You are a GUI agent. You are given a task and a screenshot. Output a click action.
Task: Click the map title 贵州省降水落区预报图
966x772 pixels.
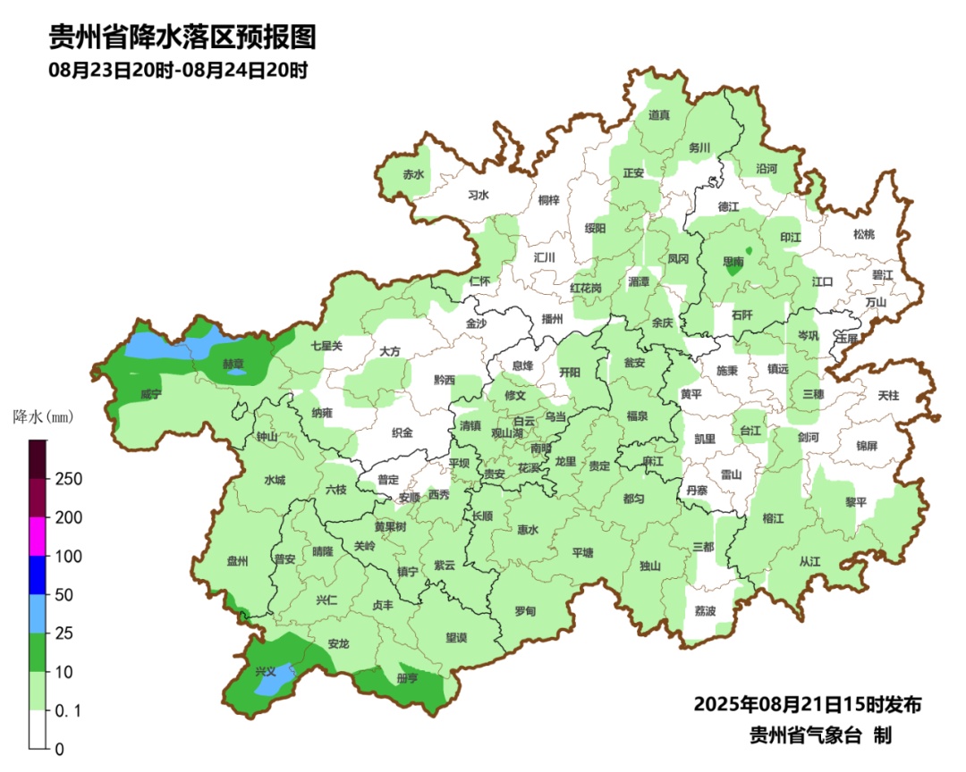click(182, 37)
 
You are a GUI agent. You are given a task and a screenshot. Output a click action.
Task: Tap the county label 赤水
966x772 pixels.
click(412, 174)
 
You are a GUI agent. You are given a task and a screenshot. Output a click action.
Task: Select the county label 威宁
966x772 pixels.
click(151, 394)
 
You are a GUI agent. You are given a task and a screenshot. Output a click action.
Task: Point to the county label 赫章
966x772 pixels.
click(233, 364)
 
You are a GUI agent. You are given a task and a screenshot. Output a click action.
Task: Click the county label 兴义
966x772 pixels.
click(266, 670)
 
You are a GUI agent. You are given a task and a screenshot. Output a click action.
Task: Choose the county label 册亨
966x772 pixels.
click(407, 678)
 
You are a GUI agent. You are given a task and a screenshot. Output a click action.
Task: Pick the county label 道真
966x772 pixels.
click(659, 114)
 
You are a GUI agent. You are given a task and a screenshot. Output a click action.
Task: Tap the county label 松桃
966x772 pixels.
click(863, 234)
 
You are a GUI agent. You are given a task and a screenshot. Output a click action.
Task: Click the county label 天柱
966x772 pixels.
click(888, 394)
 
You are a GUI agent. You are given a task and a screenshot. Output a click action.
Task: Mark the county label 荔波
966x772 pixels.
click(706, 611)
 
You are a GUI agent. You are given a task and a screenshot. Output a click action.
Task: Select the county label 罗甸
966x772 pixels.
click(525, 611)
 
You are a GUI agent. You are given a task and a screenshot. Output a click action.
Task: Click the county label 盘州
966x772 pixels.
click(237, 561)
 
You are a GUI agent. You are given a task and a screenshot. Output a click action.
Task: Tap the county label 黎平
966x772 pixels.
click(856, 502)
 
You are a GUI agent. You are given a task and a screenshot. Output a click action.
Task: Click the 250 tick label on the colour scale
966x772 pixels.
click(70, 479)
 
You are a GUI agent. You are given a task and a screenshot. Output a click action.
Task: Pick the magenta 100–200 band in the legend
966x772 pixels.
click(38, 536)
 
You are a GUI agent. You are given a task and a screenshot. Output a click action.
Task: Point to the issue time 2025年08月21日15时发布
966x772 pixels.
click(808, 705)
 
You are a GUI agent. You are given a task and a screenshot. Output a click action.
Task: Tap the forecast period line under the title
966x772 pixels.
click(178, 71)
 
